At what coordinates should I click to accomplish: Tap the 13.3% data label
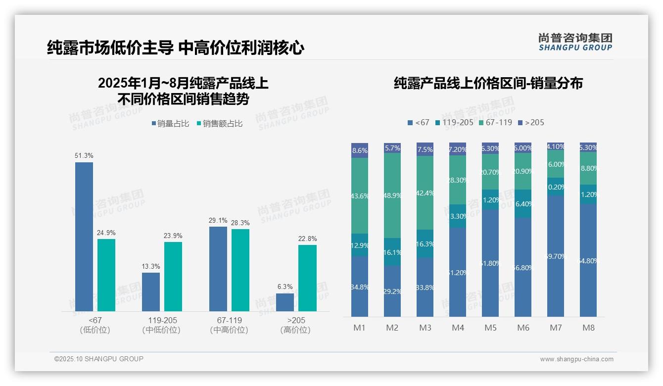point(151,266)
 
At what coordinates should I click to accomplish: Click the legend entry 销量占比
point(170,124)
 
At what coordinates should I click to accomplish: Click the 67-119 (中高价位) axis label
point(229,325)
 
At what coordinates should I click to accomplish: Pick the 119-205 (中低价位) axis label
point(162,325)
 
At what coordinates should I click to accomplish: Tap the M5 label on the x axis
point(490,328)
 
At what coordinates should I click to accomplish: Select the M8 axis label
point(588,328)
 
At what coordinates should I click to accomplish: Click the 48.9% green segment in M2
point(392,195)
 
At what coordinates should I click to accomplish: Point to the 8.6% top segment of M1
point(360,150)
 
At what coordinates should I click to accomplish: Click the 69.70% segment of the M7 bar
point(556,256)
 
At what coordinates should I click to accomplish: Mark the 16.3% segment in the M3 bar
point(425,243)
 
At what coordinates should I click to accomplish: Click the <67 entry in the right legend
point(418,122)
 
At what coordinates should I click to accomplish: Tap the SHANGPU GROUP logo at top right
point(575,42)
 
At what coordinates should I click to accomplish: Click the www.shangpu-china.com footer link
point(576,359)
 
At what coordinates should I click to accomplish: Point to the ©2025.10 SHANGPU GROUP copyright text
point(99,359)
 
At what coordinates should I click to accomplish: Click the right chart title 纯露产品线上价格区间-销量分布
point(488,83)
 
